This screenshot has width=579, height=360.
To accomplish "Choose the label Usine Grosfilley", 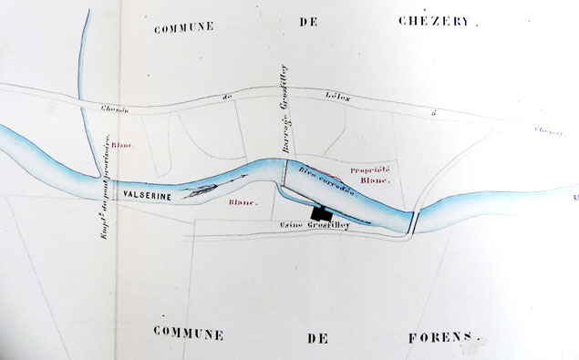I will [x=315, y=223].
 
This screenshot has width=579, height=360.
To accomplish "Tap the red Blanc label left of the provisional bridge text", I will [x=123, y=146].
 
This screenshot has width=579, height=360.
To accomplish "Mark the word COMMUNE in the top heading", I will [x=182, y=27].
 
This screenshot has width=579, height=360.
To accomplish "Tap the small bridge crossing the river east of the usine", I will [x=415, y=221].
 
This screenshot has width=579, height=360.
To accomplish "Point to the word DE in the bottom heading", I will [x=317, y=336].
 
